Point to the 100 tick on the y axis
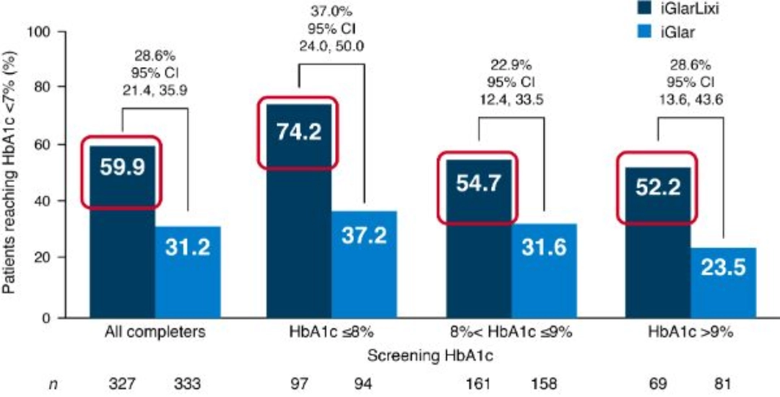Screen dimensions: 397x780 [x=37, y=32]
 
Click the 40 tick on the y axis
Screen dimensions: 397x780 [x=40, y=201]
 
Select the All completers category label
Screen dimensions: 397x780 [x=155, y=333]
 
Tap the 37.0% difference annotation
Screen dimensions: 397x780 [x=333, y=11]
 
